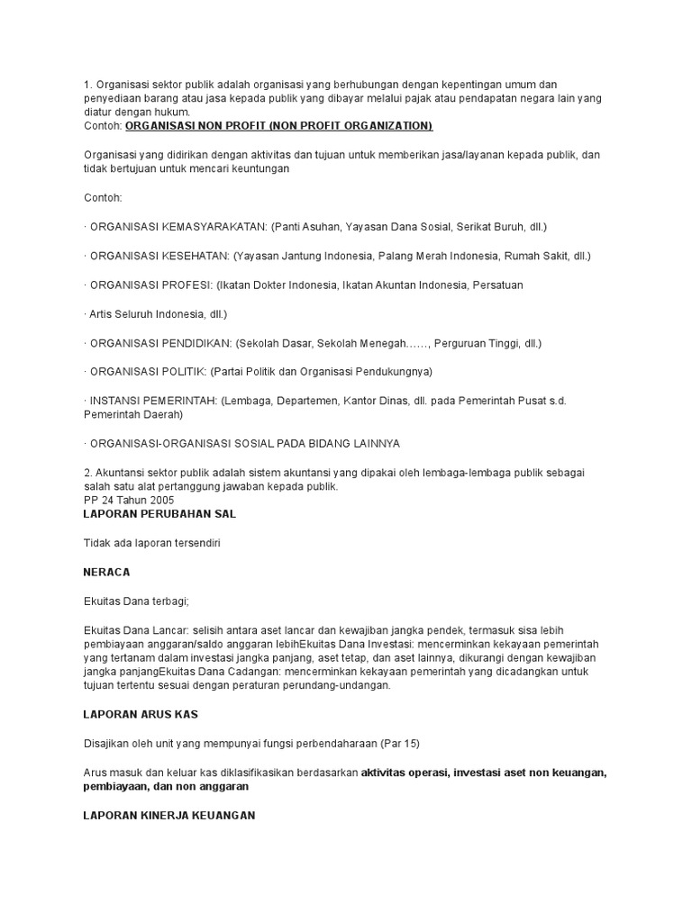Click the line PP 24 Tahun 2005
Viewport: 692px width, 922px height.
click(x=129, y=500)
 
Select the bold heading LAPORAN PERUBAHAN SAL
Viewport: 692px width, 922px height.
click(x=159, y=513)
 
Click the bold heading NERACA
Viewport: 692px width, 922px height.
click(x=106, y=572)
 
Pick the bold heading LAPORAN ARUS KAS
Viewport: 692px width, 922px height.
click(x=140, y=714)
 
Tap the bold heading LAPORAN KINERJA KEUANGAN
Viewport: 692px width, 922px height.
click(x=169, y=815)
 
